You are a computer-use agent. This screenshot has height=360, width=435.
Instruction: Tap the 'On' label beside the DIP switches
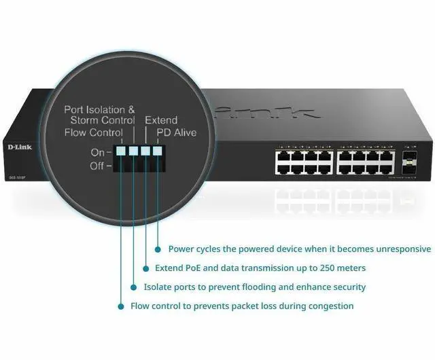98,152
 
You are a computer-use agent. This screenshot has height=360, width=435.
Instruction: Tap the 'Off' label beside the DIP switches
98,165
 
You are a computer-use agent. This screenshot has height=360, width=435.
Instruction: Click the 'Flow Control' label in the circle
94,132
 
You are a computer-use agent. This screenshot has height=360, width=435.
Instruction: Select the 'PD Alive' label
176,132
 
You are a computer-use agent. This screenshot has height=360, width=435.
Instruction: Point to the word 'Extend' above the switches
162,120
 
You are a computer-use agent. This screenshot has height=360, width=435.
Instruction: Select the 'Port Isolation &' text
100,109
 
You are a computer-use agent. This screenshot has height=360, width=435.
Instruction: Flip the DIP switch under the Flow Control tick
121,151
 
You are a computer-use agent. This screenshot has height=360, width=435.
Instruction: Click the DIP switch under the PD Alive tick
158,151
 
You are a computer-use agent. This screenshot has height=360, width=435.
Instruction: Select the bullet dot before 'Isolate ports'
133,287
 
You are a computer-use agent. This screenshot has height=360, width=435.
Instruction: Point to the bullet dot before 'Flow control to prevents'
121,306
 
